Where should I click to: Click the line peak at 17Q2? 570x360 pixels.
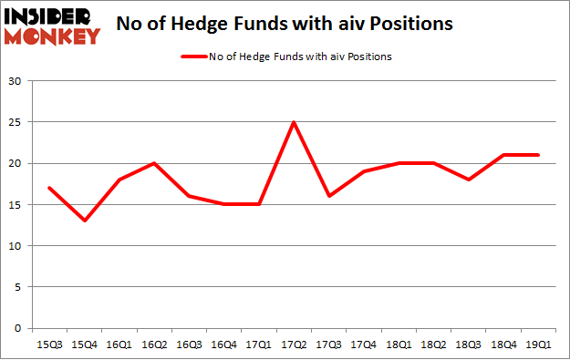coord(294,122)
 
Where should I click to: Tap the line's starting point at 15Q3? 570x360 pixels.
coord(50,188)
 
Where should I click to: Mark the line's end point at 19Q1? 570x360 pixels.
coord(538,155)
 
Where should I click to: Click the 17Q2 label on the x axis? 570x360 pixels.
coord(294,345)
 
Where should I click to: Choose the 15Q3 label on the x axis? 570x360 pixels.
coord(50,345)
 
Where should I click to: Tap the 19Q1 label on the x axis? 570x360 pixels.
coord(538,345)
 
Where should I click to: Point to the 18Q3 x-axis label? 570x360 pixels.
coord(469,345)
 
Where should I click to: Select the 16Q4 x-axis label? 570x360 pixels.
coord(224,345)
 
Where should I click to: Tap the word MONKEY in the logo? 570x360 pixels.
coord(54,36)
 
